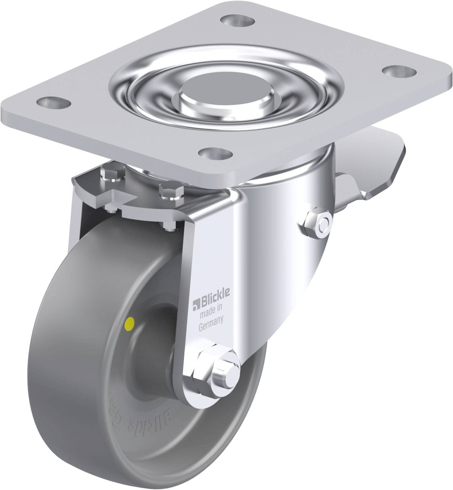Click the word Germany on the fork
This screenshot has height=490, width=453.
[211, 318]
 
